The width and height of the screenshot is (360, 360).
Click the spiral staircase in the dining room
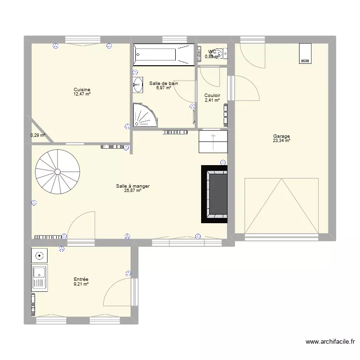coord(56,171)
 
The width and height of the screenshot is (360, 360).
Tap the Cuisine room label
coord(82,90)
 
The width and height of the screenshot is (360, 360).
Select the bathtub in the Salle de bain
coord(164,54)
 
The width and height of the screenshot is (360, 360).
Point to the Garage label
coord(281,136)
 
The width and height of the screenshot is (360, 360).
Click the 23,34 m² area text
coord(281,141)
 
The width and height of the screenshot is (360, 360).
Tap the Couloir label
coord(212,96)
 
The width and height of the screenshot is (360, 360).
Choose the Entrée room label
coord(81,279)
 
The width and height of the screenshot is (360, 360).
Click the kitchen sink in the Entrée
coord(39,278)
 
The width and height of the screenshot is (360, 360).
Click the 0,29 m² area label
coord(37,135)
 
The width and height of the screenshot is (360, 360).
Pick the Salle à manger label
coord(129,186)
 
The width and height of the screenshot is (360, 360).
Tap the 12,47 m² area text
coord(82,94)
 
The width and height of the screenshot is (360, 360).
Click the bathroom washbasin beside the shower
coord(138,84)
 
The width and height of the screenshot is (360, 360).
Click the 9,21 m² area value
coord(81,284)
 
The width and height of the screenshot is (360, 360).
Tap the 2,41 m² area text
coord(212,100)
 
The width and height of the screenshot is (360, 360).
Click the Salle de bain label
coord(164,83)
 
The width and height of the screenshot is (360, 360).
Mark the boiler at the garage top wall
coord(305,53)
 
